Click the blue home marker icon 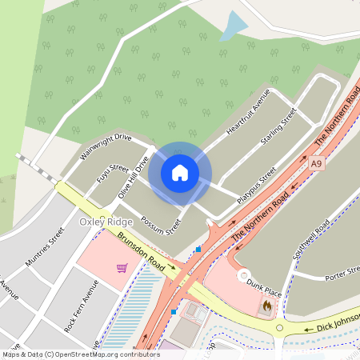click(180, 173)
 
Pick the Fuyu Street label click(112, 174)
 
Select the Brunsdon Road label click(141, 254)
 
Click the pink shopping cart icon click(122, 267)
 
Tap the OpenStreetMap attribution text click(80, 354)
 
